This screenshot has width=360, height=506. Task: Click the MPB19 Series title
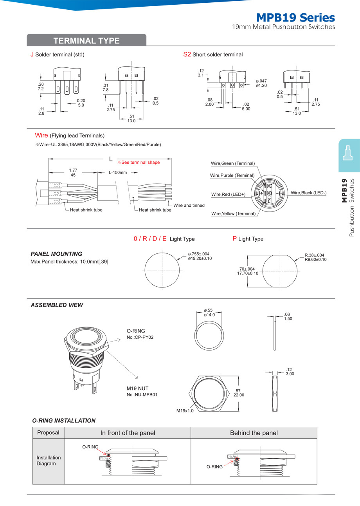coord(295,18)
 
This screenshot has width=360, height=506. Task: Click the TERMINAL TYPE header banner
coord(86,41)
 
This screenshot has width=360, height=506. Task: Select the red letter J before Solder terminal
coord(32,54)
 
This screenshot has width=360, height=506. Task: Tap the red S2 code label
coord(187,54)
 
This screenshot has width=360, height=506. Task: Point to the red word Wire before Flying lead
coord(41,136)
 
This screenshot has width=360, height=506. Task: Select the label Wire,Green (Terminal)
coord(233,163)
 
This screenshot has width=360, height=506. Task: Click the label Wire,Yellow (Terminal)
coord(233,213)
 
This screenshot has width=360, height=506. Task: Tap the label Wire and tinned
coord(189,205)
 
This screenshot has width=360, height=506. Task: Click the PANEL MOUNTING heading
coord(56,254)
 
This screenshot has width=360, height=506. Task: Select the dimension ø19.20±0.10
coord(200,258)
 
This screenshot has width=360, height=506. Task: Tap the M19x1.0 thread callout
coord(185,411)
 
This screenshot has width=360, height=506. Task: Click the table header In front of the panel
coord(128,433)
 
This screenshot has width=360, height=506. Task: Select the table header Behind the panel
coord(254,433)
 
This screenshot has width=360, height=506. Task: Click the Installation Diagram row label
coord(49,461)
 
